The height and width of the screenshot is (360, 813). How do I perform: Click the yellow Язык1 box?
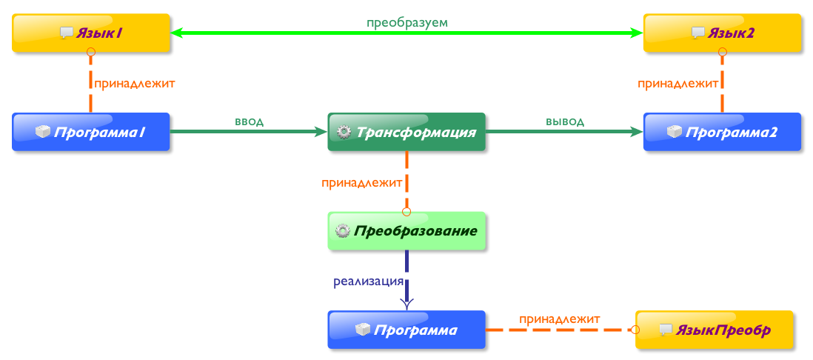(90, 33)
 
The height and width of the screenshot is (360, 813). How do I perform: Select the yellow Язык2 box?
(721, 33)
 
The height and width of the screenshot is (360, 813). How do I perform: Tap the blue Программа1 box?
(90, 132)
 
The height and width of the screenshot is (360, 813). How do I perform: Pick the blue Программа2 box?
(721, 132)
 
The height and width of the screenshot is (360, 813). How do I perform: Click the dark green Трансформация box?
(406, 132)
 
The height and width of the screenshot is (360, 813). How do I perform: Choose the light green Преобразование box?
(406, 230)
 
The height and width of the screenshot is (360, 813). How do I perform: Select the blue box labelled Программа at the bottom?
(406, 330)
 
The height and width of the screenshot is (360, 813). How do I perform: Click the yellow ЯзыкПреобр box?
(714, 330)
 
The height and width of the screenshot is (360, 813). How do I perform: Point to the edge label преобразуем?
(407, 22)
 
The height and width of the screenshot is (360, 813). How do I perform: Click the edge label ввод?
(249, 121)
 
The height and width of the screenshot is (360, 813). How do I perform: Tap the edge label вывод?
(565, 121)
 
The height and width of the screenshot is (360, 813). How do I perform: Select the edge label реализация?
(368, 281)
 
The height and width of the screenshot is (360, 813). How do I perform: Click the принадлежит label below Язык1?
(135, 83)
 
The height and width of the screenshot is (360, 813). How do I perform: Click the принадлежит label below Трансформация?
(362, 182)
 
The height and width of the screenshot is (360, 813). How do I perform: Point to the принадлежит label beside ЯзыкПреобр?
(559, 319)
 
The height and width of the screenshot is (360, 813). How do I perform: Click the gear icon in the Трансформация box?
(344, 133)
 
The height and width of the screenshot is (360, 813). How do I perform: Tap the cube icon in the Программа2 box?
(674, 132)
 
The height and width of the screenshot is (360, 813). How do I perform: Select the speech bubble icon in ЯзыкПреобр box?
(666, 330)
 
